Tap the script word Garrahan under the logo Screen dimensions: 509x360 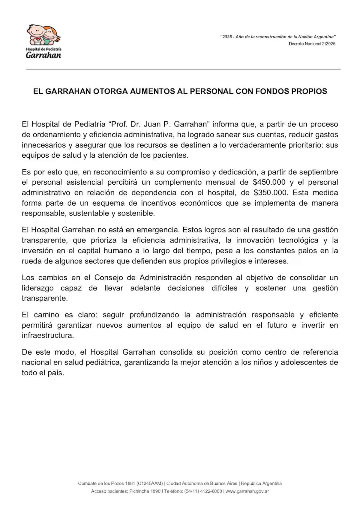click(43, 55)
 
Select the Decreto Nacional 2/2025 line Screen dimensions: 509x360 click(312, 44)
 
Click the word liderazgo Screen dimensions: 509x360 click(38, 288)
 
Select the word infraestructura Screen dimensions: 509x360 click(47, 335)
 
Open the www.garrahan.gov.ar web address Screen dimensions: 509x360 click(247, 491)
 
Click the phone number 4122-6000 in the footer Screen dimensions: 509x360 click(211, 491)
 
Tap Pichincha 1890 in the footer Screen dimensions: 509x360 click(145, 491)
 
